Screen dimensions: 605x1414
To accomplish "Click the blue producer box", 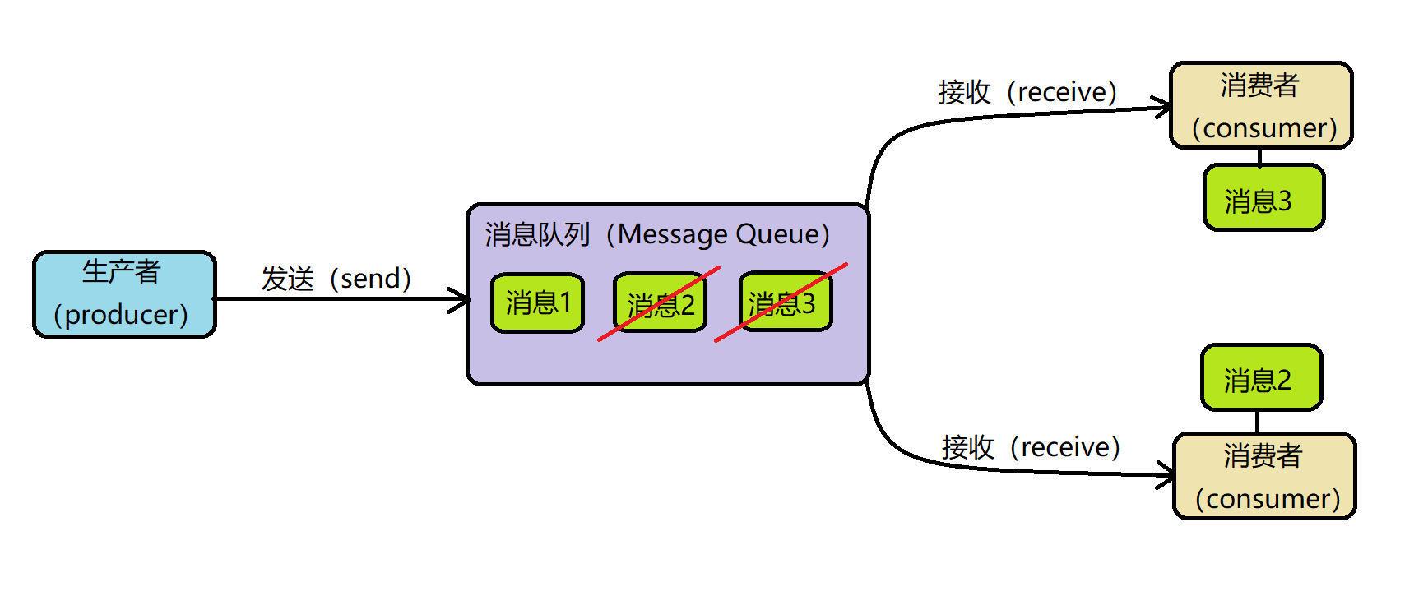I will pos(124,293).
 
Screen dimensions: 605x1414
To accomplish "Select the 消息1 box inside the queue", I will pos(537,302).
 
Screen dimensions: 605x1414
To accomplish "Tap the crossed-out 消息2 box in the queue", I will pos(661,303).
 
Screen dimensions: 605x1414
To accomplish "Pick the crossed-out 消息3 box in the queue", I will pos(786,302).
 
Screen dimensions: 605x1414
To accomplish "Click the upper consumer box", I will pos(1261,105).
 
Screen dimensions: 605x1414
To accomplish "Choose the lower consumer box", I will pos(1264,476).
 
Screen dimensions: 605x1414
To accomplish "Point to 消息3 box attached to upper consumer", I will pos(1263,198).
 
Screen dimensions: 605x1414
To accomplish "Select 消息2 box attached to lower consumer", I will pos(1261,378).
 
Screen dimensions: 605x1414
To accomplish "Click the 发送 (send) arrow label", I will pos(336,279).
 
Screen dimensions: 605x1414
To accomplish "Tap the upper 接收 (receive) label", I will pos(1027,92).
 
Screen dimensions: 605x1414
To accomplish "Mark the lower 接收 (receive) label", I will pos(1031,447).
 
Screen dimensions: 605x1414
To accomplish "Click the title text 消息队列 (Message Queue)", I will pos(656,234).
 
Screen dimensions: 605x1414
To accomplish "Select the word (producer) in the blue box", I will pos(121,315).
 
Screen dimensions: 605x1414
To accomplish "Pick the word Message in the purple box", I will pos(671,234).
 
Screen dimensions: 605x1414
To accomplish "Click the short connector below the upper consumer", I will pos(1259,156).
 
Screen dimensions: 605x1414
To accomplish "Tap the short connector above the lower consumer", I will pos(1257,422).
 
